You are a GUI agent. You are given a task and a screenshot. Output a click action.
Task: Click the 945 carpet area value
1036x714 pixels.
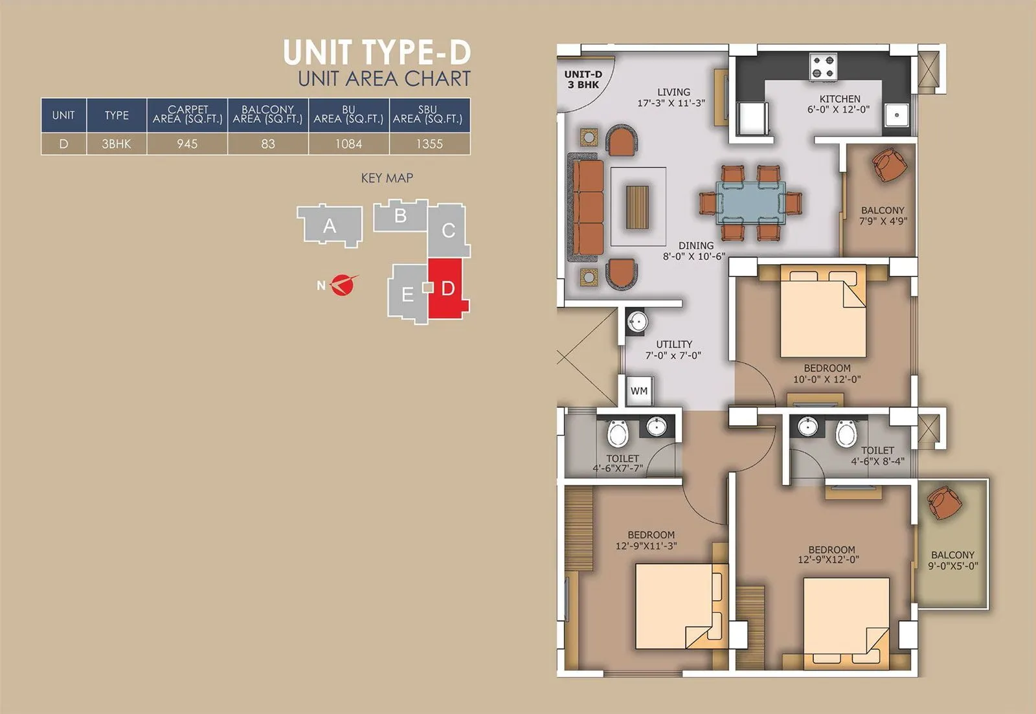187,144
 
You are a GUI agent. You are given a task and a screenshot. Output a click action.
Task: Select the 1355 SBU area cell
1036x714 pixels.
429,144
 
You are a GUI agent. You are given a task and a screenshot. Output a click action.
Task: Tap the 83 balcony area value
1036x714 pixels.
268,144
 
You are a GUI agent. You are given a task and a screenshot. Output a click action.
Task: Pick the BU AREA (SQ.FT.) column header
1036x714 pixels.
348,115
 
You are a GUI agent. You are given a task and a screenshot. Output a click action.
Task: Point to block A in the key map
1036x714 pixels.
330,226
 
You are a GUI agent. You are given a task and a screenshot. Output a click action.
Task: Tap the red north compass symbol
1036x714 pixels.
343,285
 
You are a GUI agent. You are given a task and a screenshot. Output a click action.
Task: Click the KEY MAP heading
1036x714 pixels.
387,178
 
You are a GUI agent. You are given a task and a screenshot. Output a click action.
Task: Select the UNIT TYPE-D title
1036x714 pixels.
377,52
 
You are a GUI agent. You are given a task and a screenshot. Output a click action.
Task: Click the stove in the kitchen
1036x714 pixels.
824,66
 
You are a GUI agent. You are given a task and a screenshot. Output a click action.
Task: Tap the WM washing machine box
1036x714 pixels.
639,391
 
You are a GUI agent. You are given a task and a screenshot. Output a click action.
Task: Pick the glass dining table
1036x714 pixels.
750,203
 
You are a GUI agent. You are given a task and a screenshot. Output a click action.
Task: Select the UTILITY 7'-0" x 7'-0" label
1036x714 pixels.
673,350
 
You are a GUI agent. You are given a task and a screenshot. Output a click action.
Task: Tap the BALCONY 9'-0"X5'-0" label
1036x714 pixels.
952,560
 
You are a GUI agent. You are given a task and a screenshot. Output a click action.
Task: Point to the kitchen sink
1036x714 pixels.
897,115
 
